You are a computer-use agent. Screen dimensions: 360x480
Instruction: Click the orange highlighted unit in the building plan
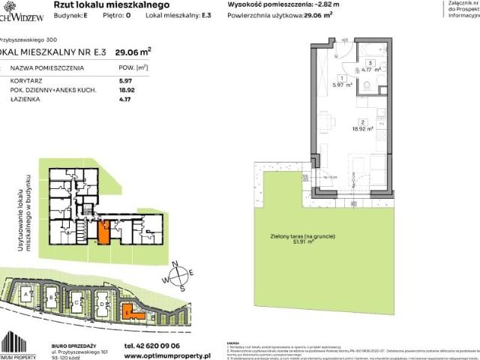point(103,229)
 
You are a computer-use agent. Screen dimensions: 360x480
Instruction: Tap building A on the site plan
point(28,296)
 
